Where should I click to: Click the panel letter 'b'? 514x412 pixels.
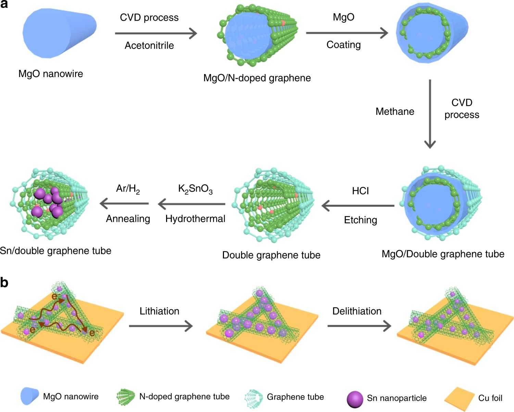(x=4, y=283)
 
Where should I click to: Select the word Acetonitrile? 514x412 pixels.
(x=149, y=46)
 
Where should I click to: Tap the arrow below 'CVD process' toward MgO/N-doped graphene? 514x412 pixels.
(x=156, y=33)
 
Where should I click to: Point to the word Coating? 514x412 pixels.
(x=343, y=45)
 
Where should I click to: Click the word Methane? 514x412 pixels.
(x=395, y=111)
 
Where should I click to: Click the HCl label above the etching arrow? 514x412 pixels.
(x=360, y=191)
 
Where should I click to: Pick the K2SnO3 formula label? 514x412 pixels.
(x=195, y=189)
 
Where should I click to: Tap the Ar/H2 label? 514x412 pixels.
(x=128, y=189)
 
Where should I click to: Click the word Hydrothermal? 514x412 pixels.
(x=195, y=219)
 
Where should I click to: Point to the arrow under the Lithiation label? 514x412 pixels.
(x=161, y=326)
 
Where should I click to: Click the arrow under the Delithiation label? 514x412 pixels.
(x=359, y=326)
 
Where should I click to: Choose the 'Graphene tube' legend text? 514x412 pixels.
(x=295, y=397)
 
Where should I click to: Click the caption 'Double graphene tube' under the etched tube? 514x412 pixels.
(x=271, y=255)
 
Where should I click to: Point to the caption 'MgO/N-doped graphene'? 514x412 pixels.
(x=257, y=78)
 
